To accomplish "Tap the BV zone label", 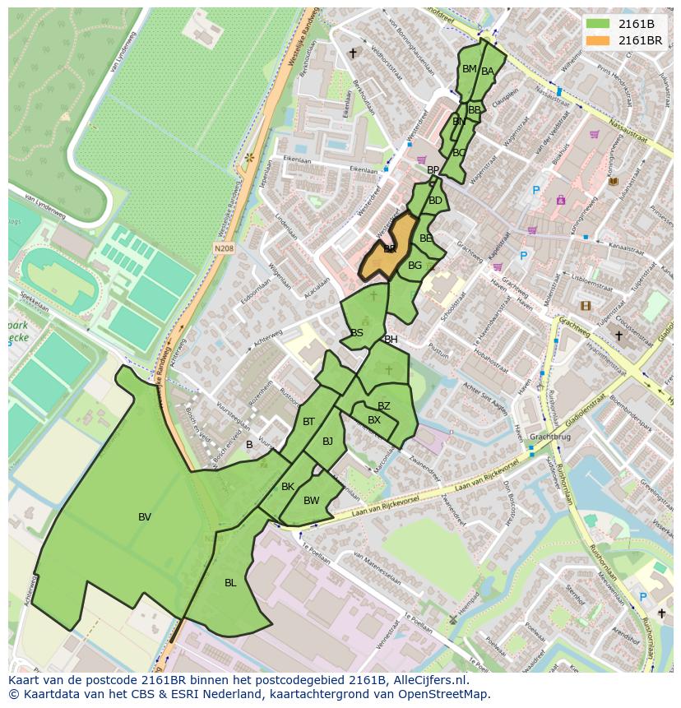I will click(x=145, y=517).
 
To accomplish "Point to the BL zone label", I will click(x=230, y=583).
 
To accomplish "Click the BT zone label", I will click(x=308, y=422).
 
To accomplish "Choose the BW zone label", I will click(x=311, y=501).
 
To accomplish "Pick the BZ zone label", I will click(x=384, y=406).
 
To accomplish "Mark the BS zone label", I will click(x=357, y=333).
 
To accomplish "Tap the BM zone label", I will click(x=469, y=69).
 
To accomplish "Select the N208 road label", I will click(x=224, y=248).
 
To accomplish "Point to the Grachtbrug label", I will click(x=549, y=437).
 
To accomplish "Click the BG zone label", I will click(x=415, y=266).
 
